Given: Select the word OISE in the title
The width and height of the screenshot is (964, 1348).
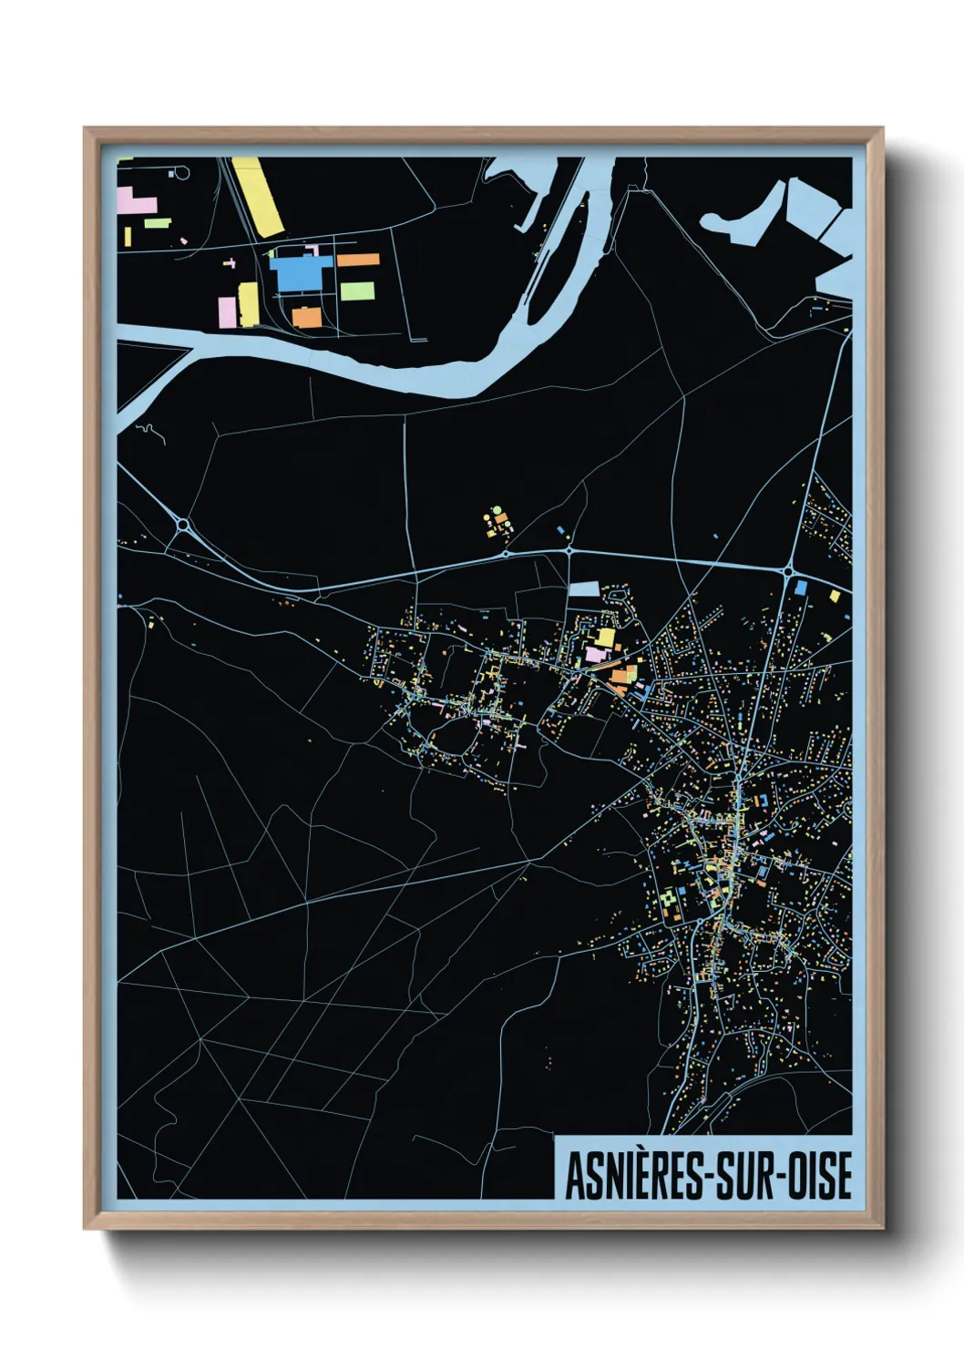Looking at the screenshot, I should click(820, 1176).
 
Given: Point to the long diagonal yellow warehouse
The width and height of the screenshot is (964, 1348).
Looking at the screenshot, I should click(258, 197).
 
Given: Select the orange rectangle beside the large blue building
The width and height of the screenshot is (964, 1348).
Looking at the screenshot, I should click(358, 260).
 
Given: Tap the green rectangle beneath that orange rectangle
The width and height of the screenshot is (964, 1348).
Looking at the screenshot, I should click(357, 291).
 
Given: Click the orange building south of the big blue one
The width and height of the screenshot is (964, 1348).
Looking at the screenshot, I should click(306, 317).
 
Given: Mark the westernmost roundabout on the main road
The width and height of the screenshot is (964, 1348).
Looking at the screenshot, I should click(182, 525).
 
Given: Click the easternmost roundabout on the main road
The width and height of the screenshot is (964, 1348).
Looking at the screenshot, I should click(787, 571).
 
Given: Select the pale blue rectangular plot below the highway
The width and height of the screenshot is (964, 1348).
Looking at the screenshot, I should click(584, 589).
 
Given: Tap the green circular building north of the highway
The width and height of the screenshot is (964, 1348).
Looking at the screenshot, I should click(497, 510).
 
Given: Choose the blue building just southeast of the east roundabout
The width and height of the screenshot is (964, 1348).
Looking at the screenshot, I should click(800, 587).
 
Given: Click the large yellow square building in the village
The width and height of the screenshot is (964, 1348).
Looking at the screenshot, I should click(605, 637).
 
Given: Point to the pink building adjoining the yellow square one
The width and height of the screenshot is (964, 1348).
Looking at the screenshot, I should click(594, 654).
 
